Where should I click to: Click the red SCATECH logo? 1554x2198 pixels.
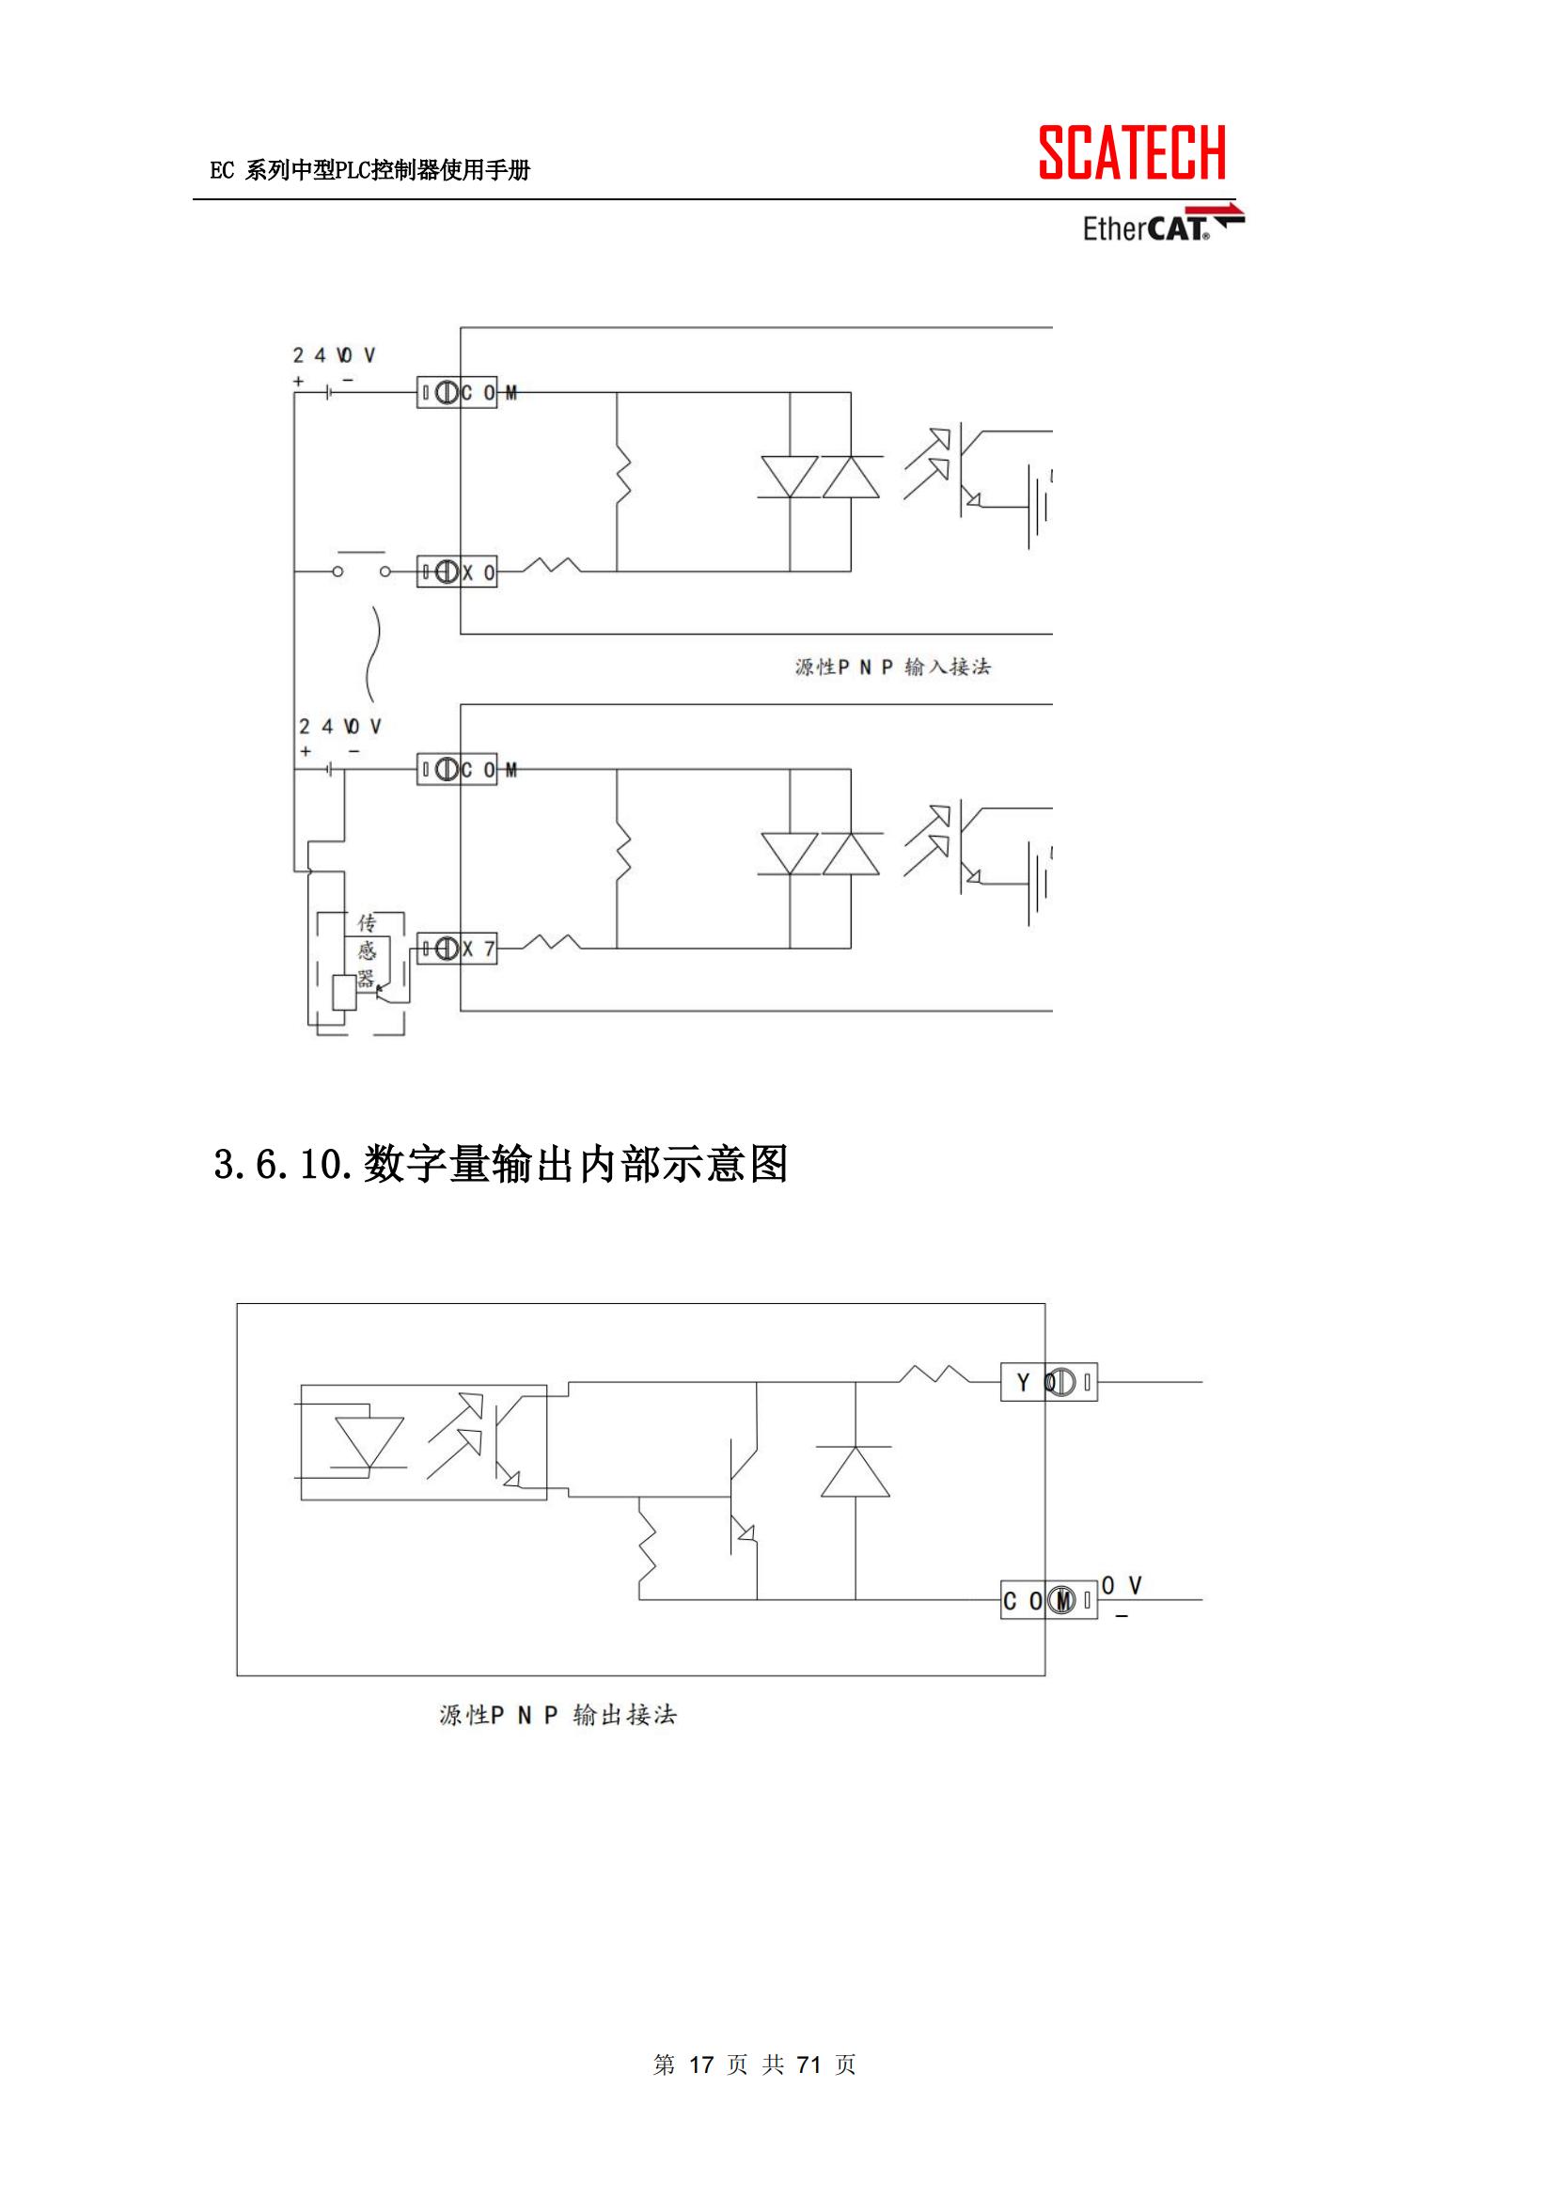click(x=1132, y=153)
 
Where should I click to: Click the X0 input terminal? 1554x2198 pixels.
click(x=457, y=573)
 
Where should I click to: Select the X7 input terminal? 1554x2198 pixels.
click(x=457, y=949)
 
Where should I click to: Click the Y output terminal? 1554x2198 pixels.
click(x=1048, y=1382)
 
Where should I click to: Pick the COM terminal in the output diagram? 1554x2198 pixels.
click(x=1048, y=1601)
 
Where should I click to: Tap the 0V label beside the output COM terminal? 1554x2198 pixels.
click(x=1122, y=1586)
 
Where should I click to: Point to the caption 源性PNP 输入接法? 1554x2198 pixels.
click(x=892, y=667)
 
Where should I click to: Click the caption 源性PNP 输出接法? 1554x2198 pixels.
click(x=557, y=1716)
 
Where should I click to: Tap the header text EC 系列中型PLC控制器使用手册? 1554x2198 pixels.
click(x=369, y=171)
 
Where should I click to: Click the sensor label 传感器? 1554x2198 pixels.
click(x=367, y=950)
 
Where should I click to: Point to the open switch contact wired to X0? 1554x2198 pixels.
click(x=361, y=569)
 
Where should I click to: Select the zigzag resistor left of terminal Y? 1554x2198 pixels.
click(x=934, y=1375)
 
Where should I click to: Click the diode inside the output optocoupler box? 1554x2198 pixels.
click(x=369, y=1443)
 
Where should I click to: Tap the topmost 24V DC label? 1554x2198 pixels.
click(x=334, y=355)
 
